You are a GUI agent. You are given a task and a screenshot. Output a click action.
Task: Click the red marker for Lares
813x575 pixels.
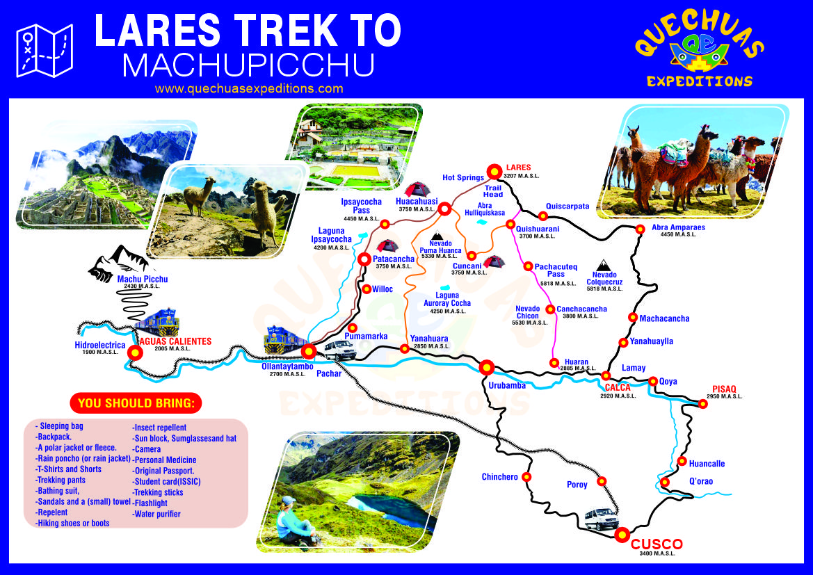[494, 171]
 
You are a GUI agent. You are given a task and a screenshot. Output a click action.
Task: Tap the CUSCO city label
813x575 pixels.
[657, 544]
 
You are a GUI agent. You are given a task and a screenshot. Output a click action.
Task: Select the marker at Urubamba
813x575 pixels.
[486, 367]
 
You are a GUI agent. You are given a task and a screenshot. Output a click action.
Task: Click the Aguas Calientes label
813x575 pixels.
[175, 341]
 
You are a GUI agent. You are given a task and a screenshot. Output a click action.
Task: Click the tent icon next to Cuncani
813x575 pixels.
[494, 262]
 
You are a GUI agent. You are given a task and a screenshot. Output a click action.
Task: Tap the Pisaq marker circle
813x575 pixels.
[703, 404]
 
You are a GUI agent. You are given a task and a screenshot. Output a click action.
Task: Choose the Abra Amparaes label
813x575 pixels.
[678, 227]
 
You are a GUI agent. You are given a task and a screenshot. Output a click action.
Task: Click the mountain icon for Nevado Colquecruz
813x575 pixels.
[603, 265]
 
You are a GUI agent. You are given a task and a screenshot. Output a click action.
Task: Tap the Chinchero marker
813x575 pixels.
[526, 477]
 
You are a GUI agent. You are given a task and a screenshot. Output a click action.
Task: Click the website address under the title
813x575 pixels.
[249, 88]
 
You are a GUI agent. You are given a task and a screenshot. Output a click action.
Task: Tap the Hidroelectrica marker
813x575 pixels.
[135, 353]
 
